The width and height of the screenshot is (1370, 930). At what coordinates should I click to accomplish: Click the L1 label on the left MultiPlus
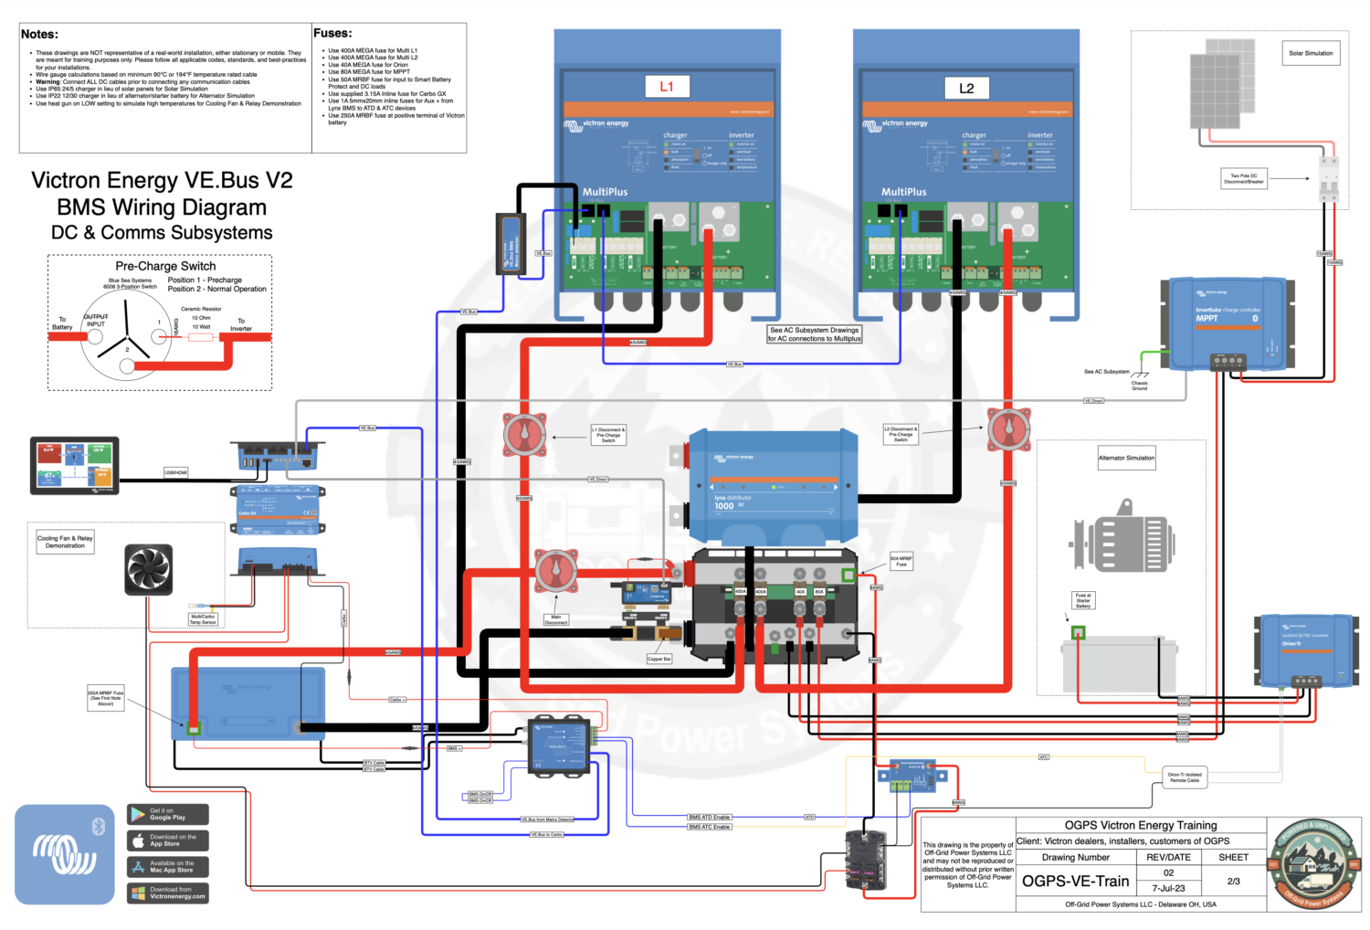[x=667, y=87]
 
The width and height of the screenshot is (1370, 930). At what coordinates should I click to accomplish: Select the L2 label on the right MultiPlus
[x=966, y=88]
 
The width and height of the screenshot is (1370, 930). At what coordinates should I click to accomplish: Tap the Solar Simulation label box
[x=1311, y=53]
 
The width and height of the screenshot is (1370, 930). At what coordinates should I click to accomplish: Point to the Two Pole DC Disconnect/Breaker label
[x=1243, y=178]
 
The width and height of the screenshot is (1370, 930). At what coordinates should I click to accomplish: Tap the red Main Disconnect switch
[x=555, y=572]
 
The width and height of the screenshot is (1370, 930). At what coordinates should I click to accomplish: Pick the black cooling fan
[x=149, y=570]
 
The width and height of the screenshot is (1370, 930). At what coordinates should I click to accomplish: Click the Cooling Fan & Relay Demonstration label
[x=65, y=542]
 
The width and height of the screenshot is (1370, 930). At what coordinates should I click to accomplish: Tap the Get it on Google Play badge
[x=168, y=814]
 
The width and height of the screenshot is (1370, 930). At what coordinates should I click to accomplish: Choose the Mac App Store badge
[x=168, y=867]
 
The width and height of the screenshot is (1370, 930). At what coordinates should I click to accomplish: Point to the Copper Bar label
[x=659, y=659]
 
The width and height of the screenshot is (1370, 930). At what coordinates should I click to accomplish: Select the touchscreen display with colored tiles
[x=74, y=465]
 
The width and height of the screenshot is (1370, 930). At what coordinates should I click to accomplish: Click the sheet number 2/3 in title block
[x=1233, y=882]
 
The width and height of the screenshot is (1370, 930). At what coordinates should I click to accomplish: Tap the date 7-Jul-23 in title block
[x=1168, y=888]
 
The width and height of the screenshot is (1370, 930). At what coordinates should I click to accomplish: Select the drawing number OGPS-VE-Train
[x=1075, y=882]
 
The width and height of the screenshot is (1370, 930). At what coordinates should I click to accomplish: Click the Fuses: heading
[x=332, y=33]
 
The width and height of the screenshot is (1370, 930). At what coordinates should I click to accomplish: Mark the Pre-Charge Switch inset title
[x=165, y=266]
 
